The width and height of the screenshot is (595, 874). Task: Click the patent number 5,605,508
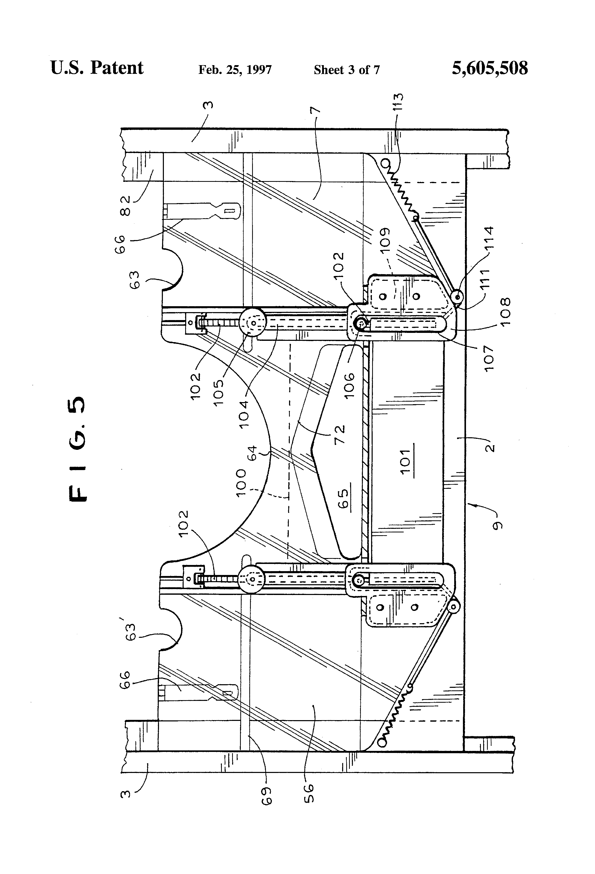(x=489, y=68)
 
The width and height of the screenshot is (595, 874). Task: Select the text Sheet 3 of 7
(x=346, y=70)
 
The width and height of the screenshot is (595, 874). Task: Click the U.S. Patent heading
(x=97, y=68)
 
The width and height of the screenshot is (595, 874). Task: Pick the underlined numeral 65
(x=343, y=498)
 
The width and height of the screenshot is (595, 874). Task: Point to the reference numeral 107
(x=489, y=359)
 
